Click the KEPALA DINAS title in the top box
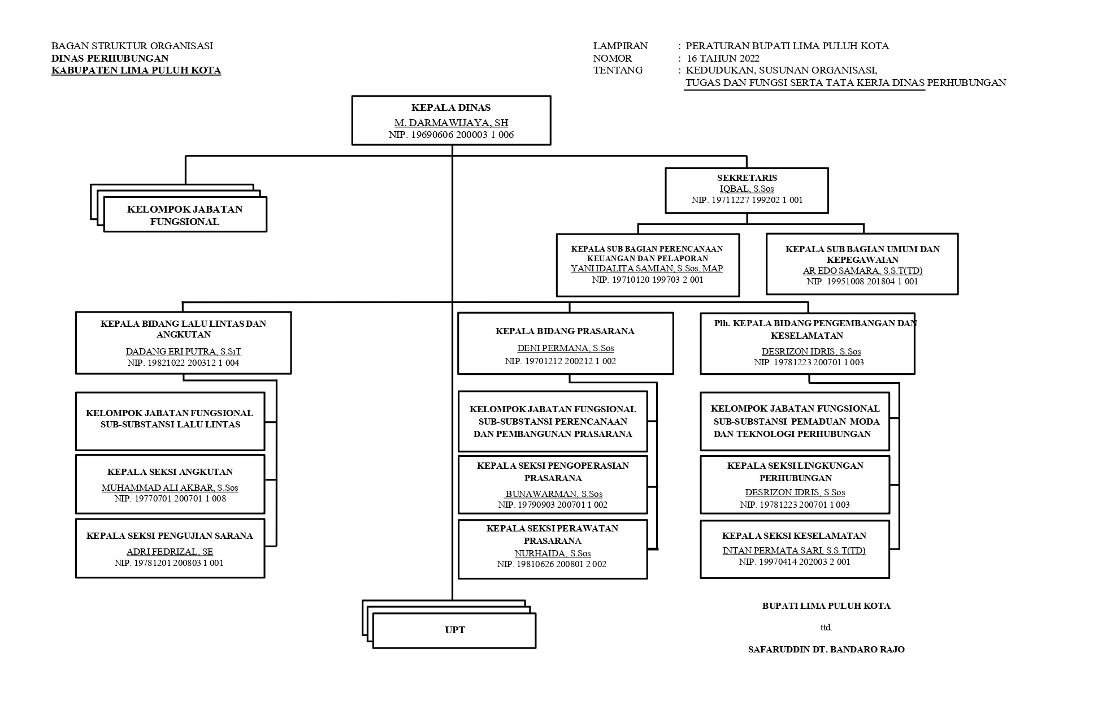(451, 107)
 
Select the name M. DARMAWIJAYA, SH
(451, 123)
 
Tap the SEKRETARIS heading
(747, 178)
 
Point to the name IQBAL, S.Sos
(747, 189)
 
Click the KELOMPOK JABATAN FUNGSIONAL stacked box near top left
(185, 215)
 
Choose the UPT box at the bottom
(454, 630)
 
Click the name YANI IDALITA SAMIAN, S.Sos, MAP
(647, 269)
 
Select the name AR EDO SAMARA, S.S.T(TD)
(862, 271)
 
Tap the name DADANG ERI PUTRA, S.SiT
(183, 352)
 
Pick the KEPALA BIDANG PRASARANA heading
(565, 331)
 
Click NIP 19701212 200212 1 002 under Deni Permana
(560, 361)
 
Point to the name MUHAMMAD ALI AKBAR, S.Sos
(170, 488)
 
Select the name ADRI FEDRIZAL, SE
(170, 552)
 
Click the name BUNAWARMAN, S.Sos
(554, 494)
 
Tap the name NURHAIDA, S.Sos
(552, 554)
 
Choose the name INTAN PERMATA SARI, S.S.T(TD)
(794, 551)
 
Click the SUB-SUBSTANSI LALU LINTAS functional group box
(170, 421)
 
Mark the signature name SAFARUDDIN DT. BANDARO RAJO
(826, 650)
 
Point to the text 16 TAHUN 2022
(723, 58)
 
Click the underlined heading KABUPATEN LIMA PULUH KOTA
(136, 71)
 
